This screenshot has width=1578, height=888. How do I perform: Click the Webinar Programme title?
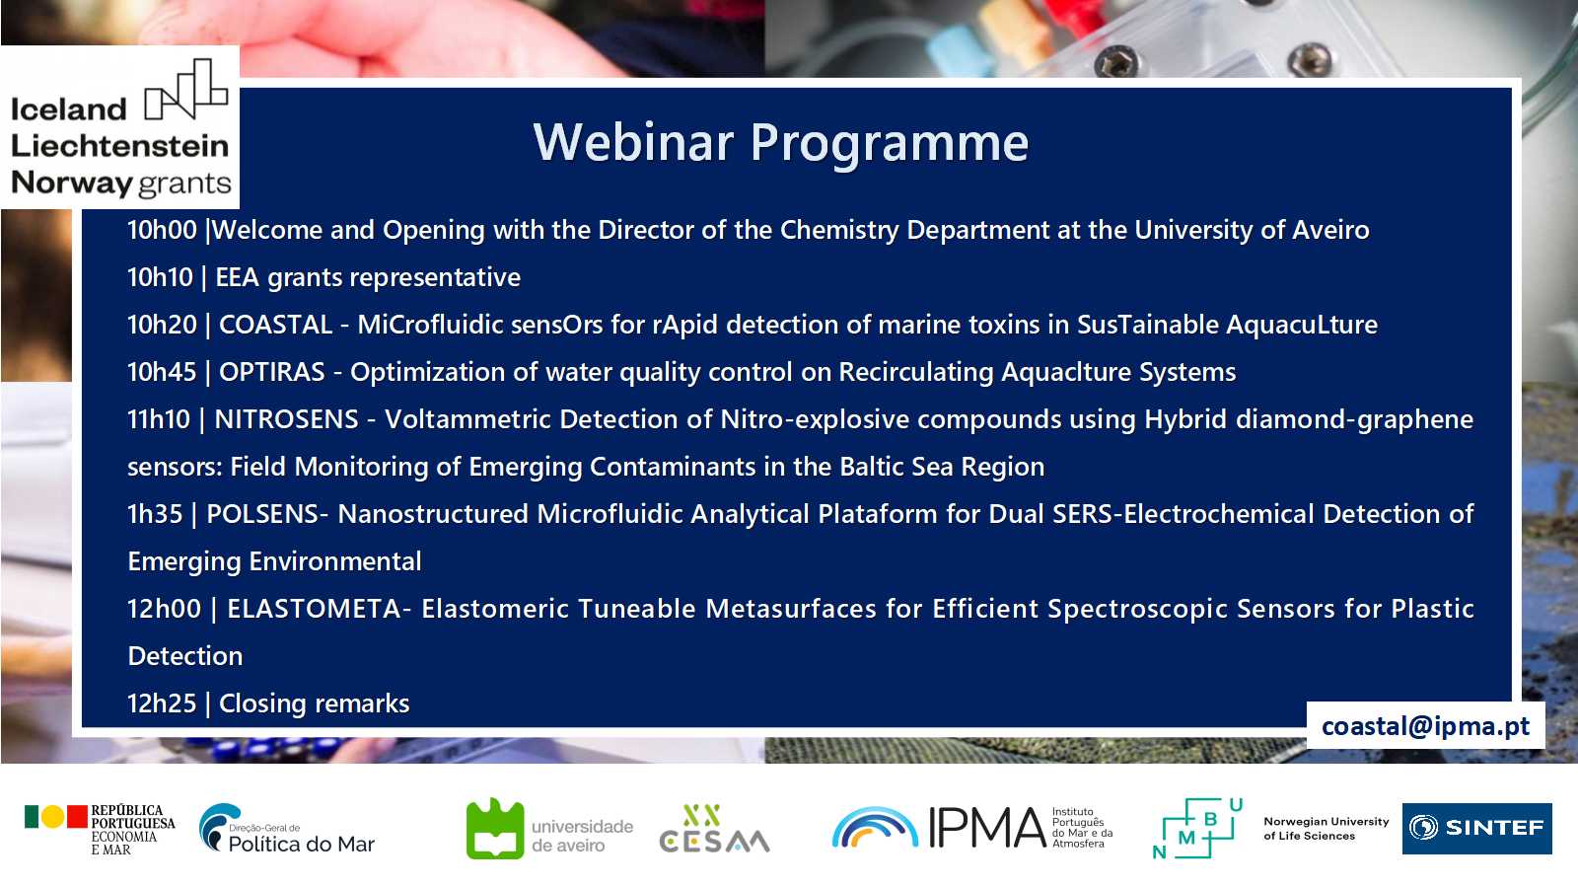point(780,144)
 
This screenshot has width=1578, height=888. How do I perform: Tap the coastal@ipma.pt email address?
point(1425,726)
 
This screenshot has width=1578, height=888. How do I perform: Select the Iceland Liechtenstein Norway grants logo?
point(120,127)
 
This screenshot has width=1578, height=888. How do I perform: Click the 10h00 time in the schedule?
point(162,231)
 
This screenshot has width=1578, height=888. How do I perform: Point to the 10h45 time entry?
point(162,372)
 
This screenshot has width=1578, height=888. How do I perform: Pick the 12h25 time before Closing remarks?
point(162,703)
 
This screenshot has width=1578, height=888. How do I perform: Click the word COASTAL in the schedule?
point(275,325)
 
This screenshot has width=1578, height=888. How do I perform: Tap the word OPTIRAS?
point(272,372)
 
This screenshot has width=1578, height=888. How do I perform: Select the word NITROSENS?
point(287,419)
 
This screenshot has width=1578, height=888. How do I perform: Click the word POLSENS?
point(262,514)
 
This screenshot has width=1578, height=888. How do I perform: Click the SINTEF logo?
point(1476,828)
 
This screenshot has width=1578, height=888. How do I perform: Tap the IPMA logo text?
point(986,828)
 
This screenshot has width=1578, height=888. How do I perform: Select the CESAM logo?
point(714,830)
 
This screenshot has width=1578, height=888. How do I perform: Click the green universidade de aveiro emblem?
point(495,829)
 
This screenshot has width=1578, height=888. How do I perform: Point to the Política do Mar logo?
point(287,829)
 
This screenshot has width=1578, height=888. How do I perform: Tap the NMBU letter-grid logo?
point(1197,829)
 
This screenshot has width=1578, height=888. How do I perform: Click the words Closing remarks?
point(315,703)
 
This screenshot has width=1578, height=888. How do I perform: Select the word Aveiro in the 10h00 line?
point(1330,231)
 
